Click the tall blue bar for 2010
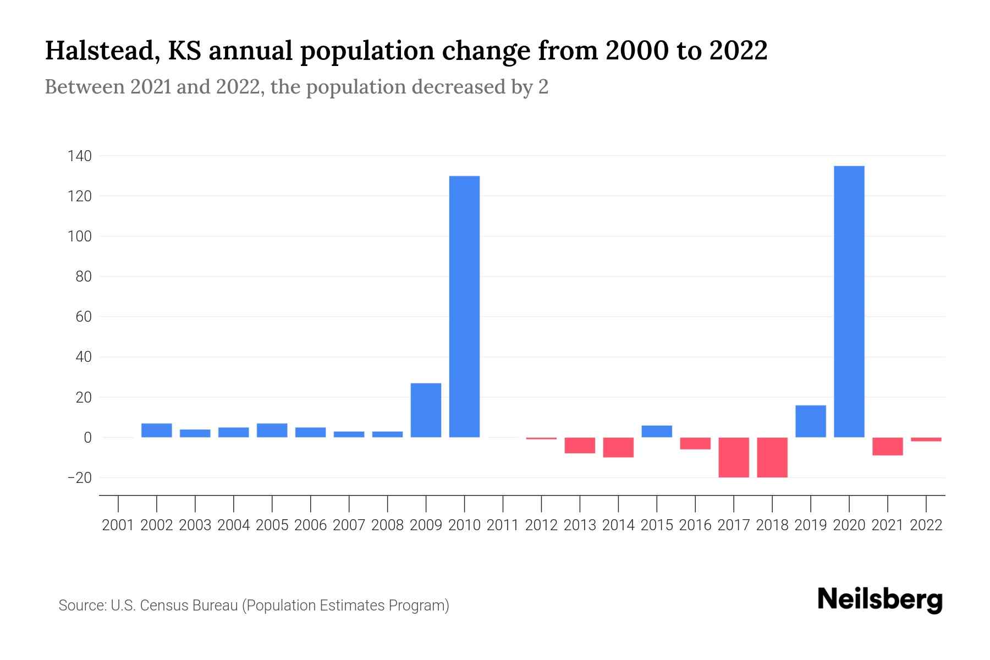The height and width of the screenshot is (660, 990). (x=464, y=306)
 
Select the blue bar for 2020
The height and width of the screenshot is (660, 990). (x=849, y=301)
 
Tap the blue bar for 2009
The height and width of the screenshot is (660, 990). (x=426, y=410)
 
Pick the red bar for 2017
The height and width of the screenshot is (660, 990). (x=733, y=457)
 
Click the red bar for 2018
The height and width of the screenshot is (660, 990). (x=772, y=457)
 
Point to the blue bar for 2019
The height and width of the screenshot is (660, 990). (x=810, y=421)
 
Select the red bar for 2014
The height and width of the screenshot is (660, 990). (x=618, y=447)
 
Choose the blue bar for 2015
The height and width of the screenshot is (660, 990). (x=657, y=431)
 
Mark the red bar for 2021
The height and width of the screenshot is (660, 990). (x=887, y=446)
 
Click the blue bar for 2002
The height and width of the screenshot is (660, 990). (x=157, y=430)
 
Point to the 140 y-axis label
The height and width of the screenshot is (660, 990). (x=79, y=156)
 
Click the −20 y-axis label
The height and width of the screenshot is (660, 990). (x=79, y=477)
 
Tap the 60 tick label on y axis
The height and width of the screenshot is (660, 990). (x=83, y=317)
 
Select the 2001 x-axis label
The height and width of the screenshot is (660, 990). (x=118, y=525)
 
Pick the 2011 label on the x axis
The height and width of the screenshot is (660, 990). (x=503, y=525)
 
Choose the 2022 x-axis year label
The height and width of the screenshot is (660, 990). (x=926, y=525)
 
